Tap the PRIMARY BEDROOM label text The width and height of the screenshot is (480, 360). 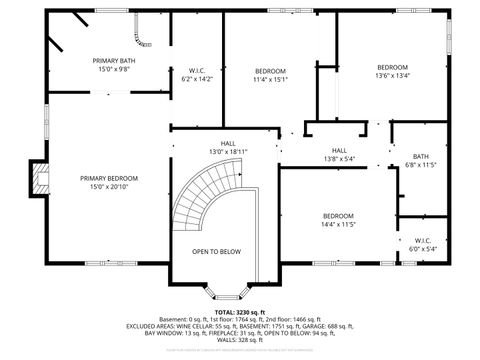(109, 178)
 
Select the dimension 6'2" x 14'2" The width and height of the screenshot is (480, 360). (197, 78)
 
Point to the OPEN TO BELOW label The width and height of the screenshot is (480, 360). (217, 251)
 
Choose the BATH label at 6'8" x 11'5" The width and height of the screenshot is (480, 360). (420, 156)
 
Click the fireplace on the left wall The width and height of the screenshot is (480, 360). (39, 180)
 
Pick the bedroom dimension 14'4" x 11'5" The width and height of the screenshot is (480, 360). (338, 224)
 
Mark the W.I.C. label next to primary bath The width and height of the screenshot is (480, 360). (197, 70)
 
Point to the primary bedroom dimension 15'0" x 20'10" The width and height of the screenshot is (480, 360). (109, 186)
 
